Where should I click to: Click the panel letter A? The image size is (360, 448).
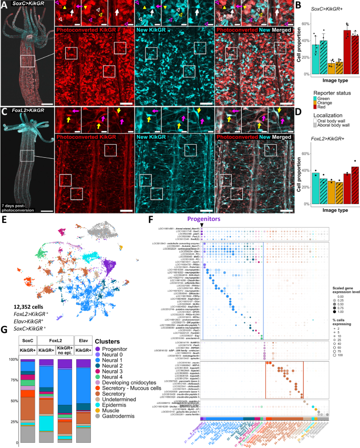pos(4,5)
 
